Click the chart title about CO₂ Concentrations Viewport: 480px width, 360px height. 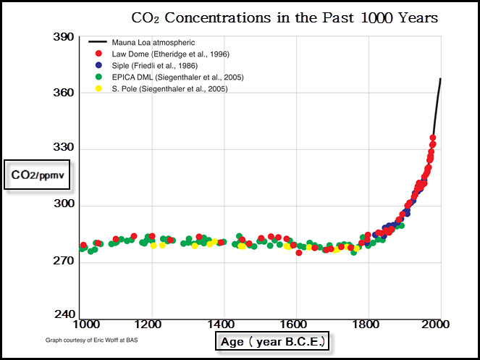tap(285, 18)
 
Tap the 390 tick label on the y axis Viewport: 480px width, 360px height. tap(64, 37)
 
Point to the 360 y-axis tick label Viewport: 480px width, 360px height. tap(64, 93)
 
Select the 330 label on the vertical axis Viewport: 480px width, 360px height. tap(64, 147)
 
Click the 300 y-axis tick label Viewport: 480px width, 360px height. tap(64, 204)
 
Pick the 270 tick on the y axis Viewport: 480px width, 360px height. tap(64, 261)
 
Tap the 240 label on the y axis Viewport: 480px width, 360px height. tap(64, 314)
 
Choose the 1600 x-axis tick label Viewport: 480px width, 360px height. tap(295, 325)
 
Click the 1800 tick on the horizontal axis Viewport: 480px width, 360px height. tap(369, 325)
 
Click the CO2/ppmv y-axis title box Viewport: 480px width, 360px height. tap(37, 175)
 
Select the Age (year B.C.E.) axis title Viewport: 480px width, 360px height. tap(272, 341)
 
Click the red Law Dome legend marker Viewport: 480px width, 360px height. tap(98, 54)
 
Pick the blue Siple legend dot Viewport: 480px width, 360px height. tap(98, 65)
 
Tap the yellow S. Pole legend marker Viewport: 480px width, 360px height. tap(98, 88)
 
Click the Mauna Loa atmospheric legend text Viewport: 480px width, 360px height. tap(153, 43)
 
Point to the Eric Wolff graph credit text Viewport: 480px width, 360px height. tap(91, 340)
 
